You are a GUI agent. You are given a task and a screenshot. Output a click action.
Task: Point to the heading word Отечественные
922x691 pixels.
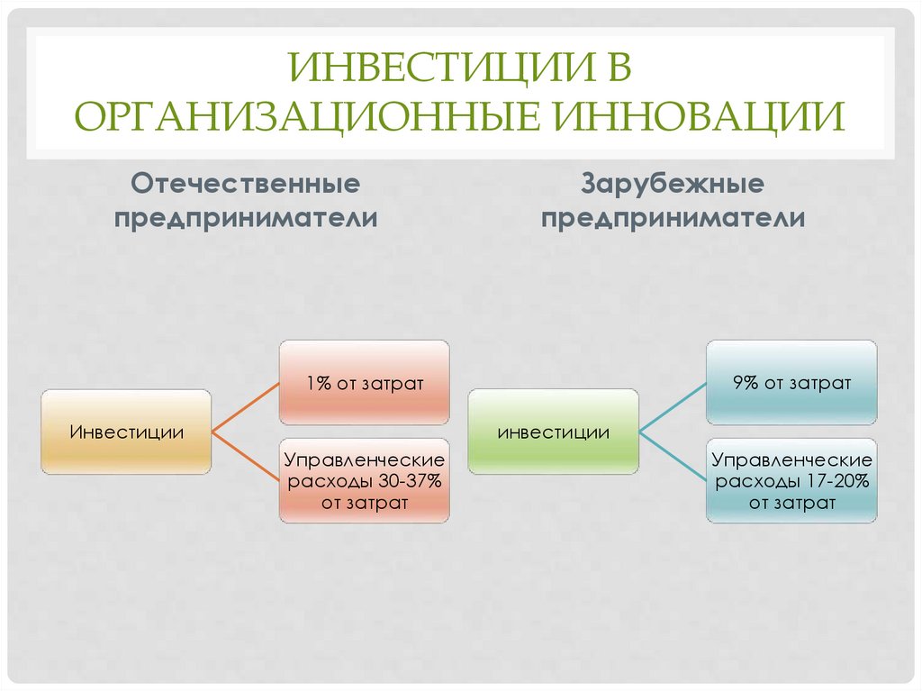[246, 185]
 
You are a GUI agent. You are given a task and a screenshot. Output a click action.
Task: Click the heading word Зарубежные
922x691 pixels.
[673, 185]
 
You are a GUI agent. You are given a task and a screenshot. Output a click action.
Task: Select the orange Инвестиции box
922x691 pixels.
[126, 432]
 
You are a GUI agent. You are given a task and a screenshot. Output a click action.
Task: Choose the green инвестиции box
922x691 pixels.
[553, 432]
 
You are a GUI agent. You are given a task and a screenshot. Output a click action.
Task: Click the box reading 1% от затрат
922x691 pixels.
[364, 382]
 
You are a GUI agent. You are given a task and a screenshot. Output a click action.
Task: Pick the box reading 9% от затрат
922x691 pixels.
[791, 382]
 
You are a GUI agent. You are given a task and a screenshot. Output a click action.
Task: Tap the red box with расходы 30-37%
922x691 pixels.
[364, 480]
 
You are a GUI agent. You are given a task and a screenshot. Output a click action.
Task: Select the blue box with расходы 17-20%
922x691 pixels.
[791, 480]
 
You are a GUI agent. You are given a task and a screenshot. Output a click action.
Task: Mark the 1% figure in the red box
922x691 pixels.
[315, 383]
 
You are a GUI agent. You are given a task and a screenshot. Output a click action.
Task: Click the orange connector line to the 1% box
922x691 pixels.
[245, 407]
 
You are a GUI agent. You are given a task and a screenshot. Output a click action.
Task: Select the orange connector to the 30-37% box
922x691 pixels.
[245, 456]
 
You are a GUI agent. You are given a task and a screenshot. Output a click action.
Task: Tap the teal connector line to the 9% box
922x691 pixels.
[673, 407]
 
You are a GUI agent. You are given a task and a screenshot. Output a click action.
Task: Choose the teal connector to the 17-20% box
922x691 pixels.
[673, 456]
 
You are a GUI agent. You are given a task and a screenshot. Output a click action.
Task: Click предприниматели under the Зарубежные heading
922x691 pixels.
[673, 219]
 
